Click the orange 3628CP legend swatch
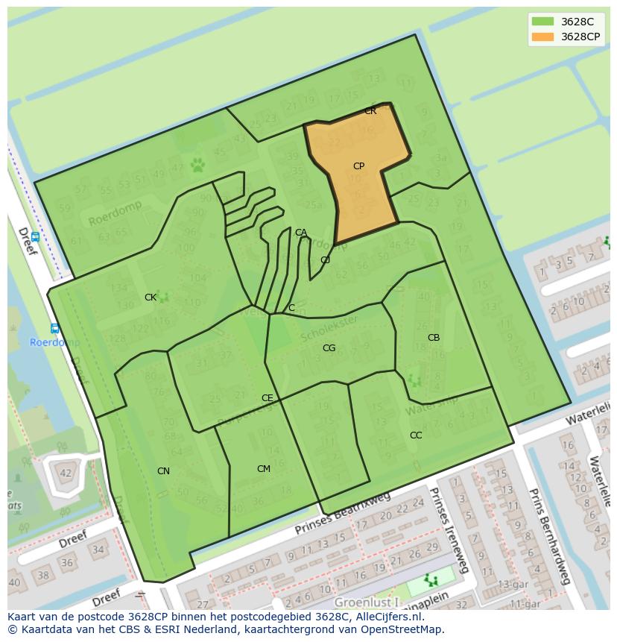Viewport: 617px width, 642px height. click(x=543, y=37)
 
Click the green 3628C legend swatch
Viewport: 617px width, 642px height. click(x=543, y=22)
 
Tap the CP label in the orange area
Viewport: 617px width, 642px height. click(x=358, y=166)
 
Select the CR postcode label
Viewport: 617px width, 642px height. click(x=370, y=111)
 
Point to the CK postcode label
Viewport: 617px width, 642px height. click(x=151, y=298)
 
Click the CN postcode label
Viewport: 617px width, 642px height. click(x=163, y=471)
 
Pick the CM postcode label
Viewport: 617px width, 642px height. click(x=263, y=469)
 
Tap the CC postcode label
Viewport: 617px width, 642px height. click(x=416, y=435)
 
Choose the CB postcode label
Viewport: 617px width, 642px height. click(x=434, y=338)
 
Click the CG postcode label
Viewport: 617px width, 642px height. click(x=329, y=348)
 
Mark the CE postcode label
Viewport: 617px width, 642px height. click(x=267, y=398)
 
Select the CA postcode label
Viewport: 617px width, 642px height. click(x=300, y=233)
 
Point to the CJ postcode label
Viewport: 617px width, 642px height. click(x=325, y=260)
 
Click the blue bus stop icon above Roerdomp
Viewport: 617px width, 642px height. click(x=54, y=328)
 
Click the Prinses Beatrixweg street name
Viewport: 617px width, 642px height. click(x=342, y=514)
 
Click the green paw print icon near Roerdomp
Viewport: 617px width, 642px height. click(x=197, y=164)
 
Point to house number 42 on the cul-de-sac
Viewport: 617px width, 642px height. click(x=66, y=473)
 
